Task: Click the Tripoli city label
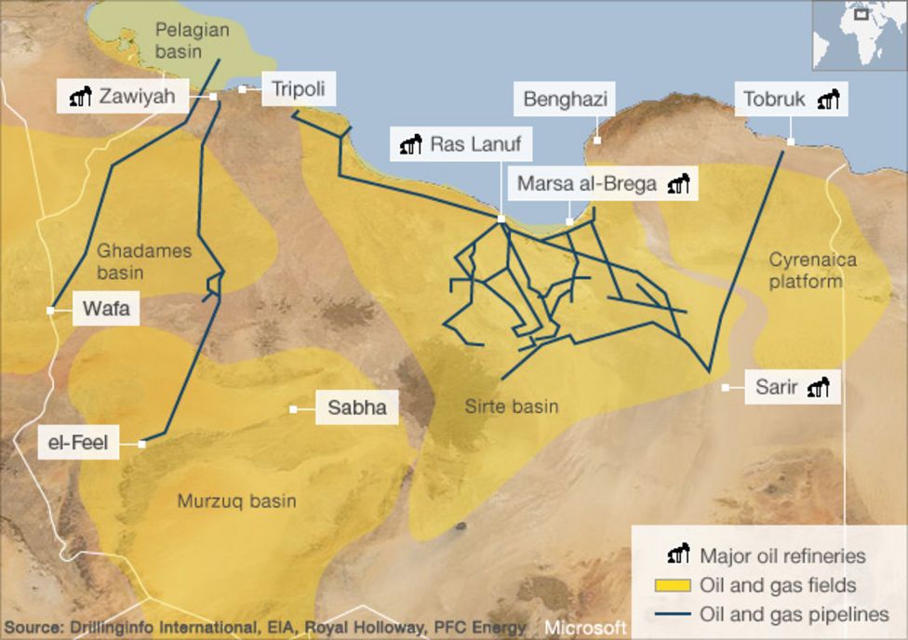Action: pyautogui.click(x=298, y=90)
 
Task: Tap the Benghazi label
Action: pyautogui.click(x=565, y=100)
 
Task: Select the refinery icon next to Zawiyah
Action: pyautogui.click(x=82, y=95)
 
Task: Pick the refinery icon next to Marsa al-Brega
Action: pyautogui.click(x=680, y=183)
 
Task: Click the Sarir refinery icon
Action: pyautogui.click(x=818, y=387)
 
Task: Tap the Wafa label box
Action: pyautogui.click(x=106, y=309)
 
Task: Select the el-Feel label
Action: pyautogui.click(x=78, y=443)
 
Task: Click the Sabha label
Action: pyautogui.click(x=357, y=407)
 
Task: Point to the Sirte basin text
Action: pyautogui.click(x=512, y=407)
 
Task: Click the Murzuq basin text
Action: pyautogui.click(x=236, y=501)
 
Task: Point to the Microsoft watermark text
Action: pyautogui.click(x=585, y=626)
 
